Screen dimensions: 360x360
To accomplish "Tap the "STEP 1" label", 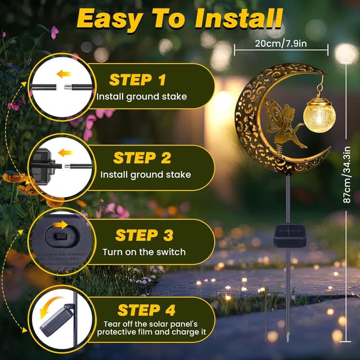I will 138,79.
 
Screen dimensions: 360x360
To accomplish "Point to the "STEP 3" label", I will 145,235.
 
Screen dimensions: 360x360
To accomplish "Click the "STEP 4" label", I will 146,310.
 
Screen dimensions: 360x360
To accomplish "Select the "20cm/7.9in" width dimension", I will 280,42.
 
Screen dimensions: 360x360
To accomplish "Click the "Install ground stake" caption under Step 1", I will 141,97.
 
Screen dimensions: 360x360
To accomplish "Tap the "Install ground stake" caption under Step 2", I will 146,174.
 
